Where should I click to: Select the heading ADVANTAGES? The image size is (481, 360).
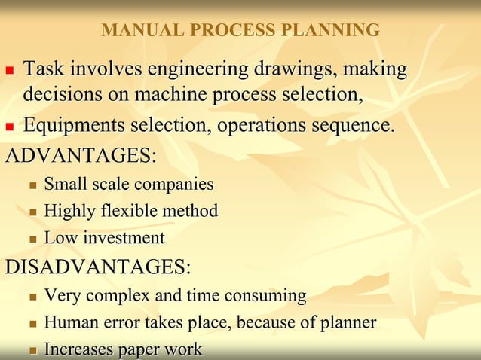pos(81,156)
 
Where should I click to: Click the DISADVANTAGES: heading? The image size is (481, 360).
pos(98,267)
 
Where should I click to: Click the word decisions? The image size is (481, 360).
pos(57,96)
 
